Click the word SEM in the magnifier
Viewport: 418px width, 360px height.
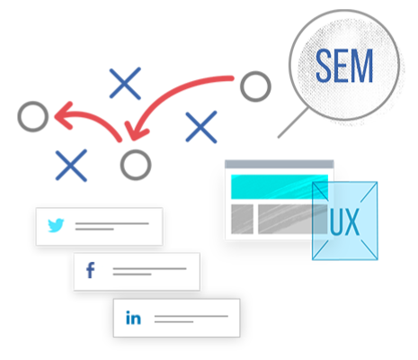pyautogui.click(x=344, y=66)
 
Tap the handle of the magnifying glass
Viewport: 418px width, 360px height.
pyautogui.click(x=293, y=122)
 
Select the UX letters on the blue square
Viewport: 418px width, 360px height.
pyautogui.click(x=344, y=221)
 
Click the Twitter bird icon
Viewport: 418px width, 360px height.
pyautogui.click(x=56, y=225)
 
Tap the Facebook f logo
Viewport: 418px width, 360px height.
pyautogui.click(x=91, y=270)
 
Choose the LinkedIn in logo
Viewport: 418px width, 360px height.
pyautogui.click(x=133, y=318)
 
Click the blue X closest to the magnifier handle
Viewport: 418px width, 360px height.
pyautogui.click(x=201, y=127)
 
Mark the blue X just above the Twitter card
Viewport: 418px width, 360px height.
pyautogui.click(x=71, y=166)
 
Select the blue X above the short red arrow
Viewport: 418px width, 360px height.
pyautogui.click(x=125, y=83)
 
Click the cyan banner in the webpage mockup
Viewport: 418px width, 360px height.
pyautogui.click(x=280, y=186)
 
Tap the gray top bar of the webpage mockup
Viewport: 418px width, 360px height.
pyautogui.click(x=280, y=164)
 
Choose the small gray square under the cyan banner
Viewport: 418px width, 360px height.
pyautogui.click(x=242, y=219)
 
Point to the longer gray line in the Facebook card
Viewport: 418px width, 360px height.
pyautogui.click(x=149, y=269)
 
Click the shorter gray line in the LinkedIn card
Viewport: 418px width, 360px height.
pyautogui.click(x=173, y=322)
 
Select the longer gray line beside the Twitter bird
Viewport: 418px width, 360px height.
pyautogui.click(x=112, y=223)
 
